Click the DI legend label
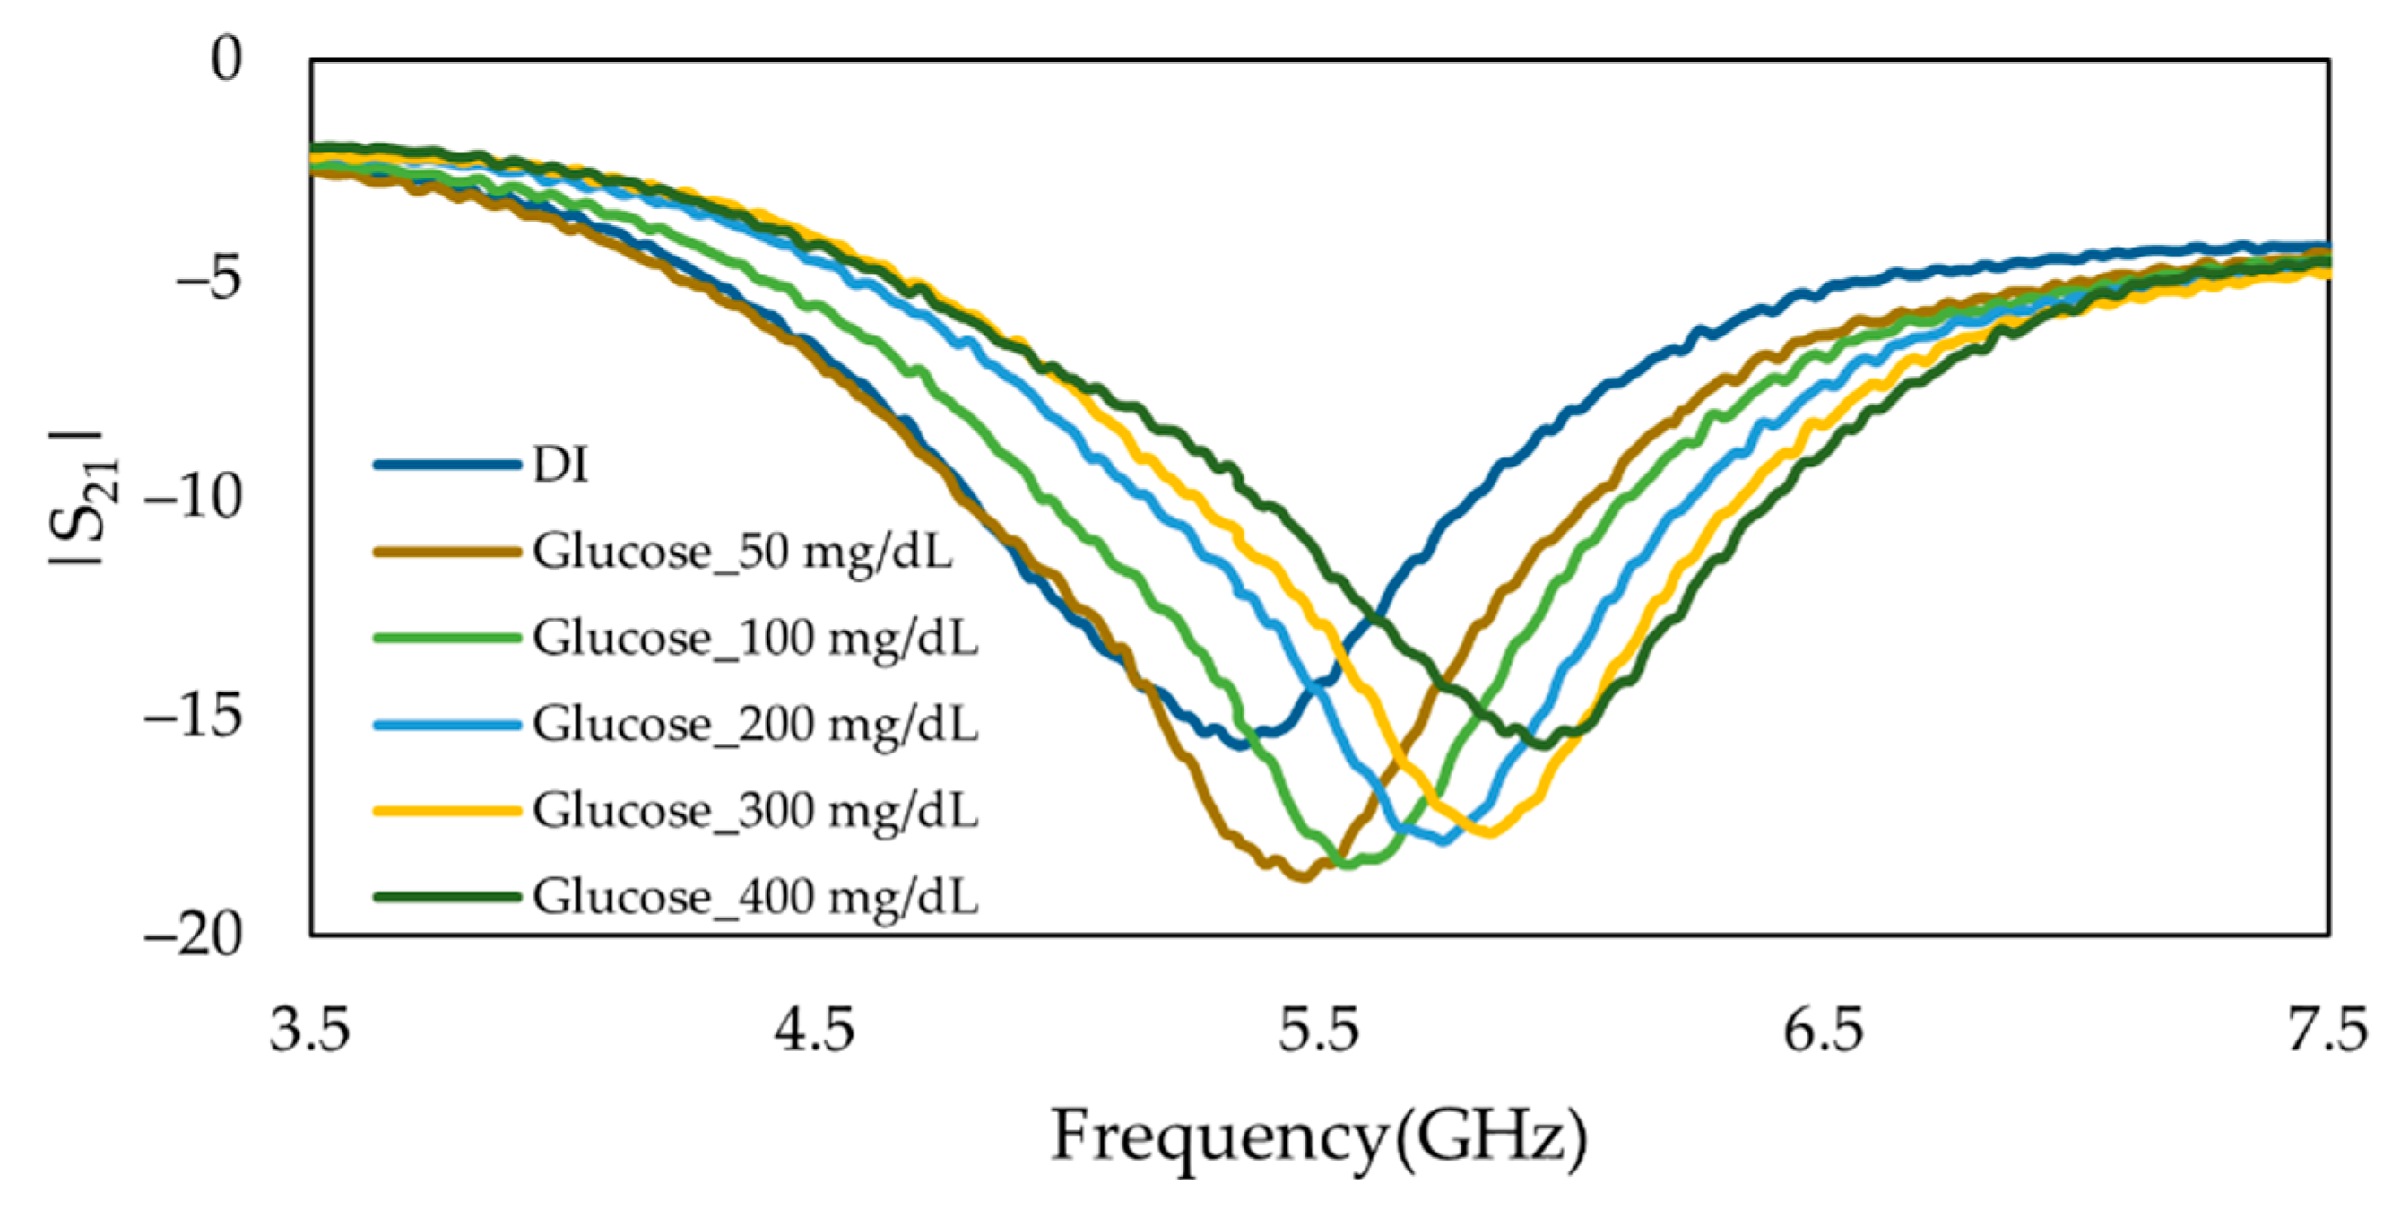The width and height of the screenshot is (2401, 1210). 560,464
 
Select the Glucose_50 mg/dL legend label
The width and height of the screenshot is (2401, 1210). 743,551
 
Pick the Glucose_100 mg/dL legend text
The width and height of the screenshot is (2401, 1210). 755,638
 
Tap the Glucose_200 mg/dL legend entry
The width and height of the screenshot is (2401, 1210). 755,725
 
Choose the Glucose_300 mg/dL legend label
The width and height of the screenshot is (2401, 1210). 755,810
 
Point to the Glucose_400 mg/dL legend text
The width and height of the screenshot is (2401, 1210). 755,897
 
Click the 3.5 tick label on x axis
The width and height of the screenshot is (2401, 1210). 309,1032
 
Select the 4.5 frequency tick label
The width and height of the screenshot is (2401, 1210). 815,1032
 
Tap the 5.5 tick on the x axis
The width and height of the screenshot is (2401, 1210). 1319,1032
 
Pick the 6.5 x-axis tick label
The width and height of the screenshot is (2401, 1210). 1824,1032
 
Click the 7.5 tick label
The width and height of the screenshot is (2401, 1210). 2327,1032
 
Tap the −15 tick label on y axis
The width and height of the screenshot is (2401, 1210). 193,716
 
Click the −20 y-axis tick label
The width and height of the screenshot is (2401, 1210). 193,934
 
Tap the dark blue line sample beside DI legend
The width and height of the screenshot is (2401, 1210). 446,465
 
